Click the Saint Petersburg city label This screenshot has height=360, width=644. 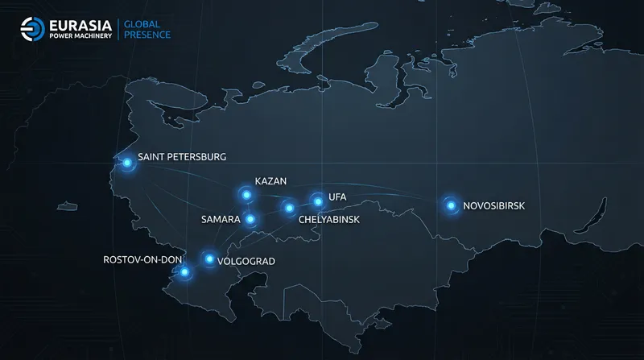click(182, 156)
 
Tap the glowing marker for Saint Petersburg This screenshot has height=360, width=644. click(126, 163)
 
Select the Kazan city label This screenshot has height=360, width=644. click(270, 180)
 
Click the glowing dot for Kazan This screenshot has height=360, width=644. click(246, 194)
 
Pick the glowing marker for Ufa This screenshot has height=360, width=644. click(317, 199)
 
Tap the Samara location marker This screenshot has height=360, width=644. click(250, 219)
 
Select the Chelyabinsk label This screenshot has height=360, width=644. click(328, 219)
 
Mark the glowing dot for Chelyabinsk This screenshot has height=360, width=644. click(288, 209)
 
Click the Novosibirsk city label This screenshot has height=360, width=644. click(493, 206)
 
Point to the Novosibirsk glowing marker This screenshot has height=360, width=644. click(451, 205)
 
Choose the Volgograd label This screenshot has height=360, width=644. click(246, 261)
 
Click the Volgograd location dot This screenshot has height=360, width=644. click(209, 259)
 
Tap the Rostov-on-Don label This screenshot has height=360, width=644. click(143, 259)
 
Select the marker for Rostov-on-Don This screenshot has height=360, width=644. click(185, 272)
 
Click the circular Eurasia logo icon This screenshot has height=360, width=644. click(32, 28)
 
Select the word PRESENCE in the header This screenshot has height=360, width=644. click(147, 35)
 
